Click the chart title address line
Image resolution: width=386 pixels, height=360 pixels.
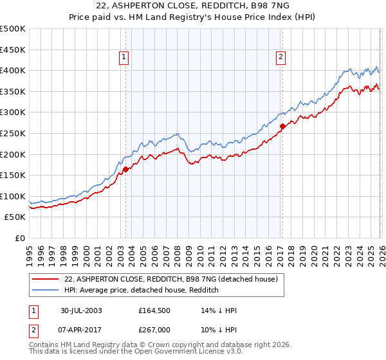point(193,6)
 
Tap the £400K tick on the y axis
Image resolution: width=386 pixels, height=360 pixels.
point(13,70)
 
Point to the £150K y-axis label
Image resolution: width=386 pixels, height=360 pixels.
point(13,175)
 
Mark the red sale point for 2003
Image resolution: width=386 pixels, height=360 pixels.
point(126,169)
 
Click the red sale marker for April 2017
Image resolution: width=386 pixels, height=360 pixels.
point(282,126)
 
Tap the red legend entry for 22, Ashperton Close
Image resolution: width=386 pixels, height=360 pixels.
point(170,279)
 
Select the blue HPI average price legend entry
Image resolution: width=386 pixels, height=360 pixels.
point(142,290)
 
